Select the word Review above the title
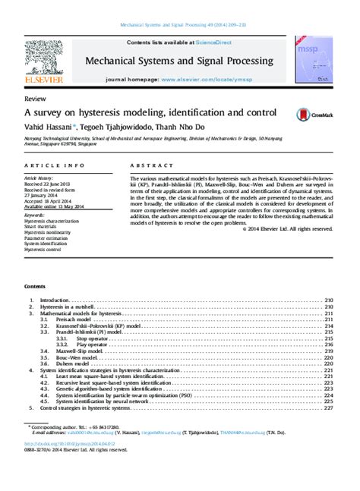34,99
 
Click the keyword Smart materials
43,226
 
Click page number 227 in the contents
329,408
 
